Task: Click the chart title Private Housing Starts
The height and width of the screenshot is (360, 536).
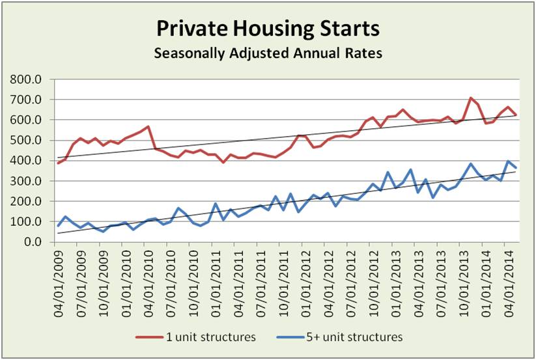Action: click(x=268, y=30)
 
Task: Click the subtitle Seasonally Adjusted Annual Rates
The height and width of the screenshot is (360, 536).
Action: click(x=268, y=53)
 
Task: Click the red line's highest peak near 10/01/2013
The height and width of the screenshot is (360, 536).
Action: click(x=470, y=98)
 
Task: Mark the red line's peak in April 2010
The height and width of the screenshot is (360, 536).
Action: click(x=148, y=126)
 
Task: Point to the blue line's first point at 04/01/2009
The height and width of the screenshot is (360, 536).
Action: click(x=57, y=227)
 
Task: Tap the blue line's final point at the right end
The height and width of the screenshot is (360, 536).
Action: click(x=516, y=168)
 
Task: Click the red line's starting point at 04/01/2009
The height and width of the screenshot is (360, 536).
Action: click(x=57, y=163)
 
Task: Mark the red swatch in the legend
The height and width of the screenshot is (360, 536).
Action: click(x=148, y=337)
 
